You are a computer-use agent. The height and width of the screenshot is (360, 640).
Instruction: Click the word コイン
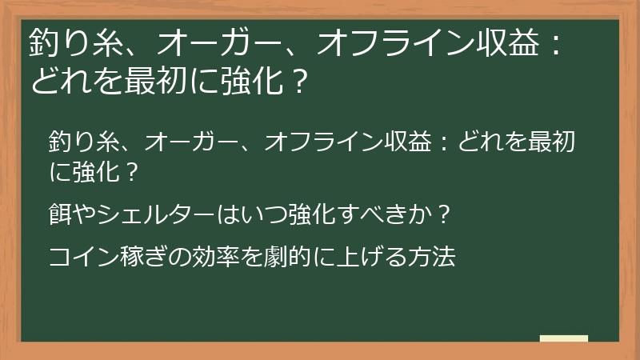coord(83,257)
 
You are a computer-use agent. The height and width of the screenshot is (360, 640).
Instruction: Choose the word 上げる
coord(383,257)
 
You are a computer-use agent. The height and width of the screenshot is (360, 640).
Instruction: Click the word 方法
coord(437,257)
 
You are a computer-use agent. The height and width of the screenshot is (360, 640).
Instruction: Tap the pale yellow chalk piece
coord(563,338)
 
